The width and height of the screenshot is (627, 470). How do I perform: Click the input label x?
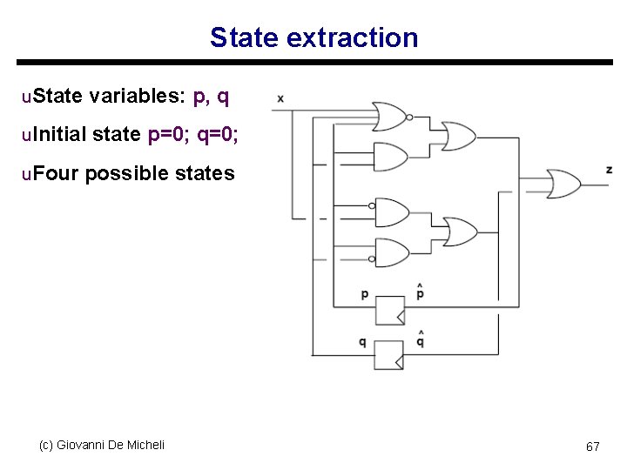pyautogui.click(x=280, y=98)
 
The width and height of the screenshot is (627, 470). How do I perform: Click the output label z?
pyautogui.click(x=609, y=169)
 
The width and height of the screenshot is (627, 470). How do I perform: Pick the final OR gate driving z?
pyautogui.click(x=563, y=183)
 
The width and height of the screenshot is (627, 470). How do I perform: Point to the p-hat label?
pyautogui.click(x=420, y=292)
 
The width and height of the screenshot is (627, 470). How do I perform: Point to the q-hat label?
pyautogui.click(x=420, y=339)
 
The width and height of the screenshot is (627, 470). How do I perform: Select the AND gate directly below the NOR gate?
pyautogui.click(x=389, y=156)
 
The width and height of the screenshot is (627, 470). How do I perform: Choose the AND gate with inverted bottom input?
pyautogui.click(x=390, y=252)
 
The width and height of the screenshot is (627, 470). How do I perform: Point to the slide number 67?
pyautogui.click(x=592, y=446)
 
